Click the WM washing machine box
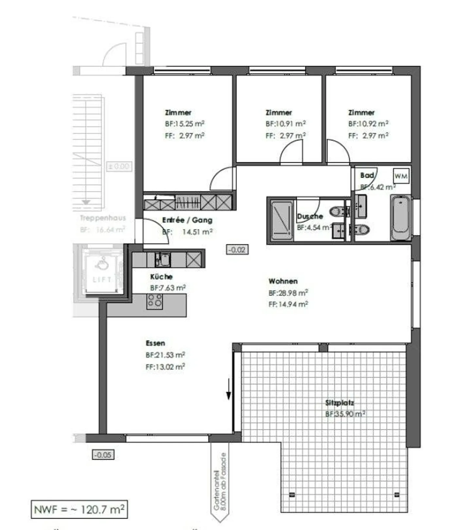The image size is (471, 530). coord(401,176)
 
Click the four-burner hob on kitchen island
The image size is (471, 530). coord(155,301)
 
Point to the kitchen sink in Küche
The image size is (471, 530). coord(163,259)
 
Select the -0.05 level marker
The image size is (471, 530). coord(103,455)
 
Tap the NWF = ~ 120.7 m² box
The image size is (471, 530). coord(79,509)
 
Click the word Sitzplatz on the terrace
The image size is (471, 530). coord(340,403)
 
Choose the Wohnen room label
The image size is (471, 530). coord(283,281)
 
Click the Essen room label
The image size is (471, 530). coord(155,343)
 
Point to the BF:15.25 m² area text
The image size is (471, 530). coord(185,124)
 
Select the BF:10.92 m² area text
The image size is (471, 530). coord(368,124)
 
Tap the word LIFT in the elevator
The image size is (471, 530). coord(102,280)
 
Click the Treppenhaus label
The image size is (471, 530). coord(103,218)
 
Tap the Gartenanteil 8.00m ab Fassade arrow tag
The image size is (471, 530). coord(219,481)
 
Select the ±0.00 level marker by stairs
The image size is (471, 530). coord(119,166)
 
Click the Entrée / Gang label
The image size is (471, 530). coord(187,220)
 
